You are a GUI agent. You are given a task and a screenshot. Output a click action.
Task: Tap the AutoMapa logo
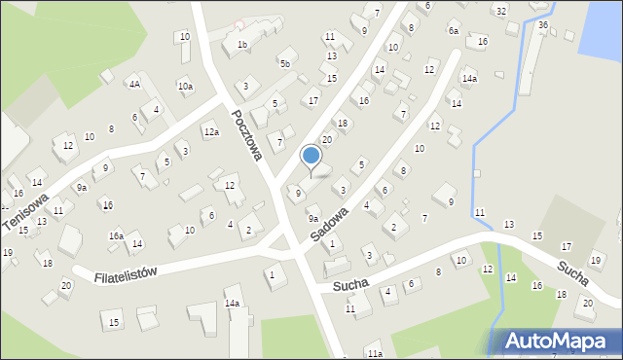[557, 341]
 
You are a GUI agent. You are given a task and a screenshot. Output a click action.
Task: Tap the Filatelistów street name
[126, 275]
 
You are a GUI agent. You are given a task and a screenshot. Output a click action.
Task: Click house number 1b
[242, 45]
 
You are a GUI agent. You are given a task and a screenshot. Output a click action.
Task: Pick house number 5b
[284, 64]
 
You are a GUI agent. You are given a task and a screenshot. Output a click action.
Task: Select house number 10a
[185, 87]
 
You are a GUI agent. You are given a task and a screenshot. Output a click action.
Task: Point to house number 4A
[134, 85]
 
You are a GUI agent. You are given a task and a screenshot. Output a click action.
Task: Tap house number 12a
[211, 131]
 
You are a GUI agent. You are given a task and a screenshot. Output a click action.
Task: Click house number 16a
[115, 235]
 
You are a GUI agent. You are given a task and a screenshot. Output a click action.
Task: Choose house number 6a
[453, 31]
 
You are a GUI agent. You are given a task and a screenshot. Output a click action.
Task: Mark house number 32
[500, 11]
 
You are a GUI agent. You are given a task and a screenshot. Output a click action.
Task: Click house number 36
[542, 25]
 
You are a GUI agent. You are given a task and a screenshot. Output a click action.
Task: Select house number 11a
[374, 353]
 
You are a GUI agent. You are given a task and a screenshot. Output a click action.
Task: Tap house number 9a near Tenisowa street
[82, 187]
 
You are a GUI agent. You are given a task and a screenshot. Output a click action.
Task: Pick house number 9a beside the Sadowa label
[313, 208]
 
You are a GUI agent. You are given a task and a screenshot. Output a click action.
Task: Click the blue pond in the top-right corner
[601, 26]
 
